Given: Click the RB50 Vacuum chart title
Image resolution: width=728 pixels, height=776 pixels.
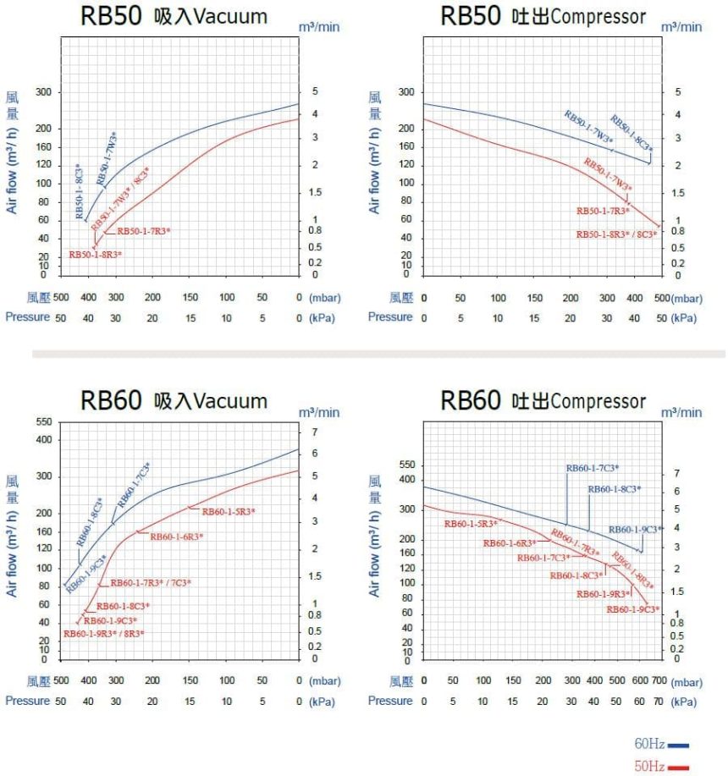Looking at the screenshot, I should coord(174,16).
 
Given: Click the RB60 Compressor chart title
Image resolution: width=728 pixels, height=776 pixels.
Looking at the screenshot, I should coord(543,400).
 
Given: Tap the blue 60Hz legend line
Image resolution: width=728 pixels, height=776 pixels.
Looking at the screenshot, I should coord(678,745).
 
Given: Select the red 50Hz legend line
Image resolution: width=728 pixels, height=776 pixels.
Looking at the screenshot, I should coord(678,768).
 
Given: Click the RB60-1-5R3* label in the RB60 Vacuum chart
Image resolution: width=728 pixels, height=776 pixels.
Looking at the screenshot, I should coord(228,511).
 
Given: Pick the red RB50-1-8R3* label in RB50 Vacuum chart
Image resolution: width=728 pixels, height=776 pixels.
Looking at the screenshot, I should coord(95,254).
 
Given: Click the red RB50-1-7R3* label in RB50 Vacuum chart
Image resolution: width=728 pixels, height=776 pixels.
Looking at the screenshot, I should coord(143,231).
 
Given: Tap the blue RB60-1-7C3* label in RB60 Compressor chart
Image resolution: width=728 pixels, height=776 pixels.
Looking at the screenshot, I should coord(593,468).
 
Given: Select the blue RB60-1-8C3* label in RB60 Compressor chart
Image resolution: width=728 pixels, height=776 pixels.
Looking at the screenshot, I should coord(615,489).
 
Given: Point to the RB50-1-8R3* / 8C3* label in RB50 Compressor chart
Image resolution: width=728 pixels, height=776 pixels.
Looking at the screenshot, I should coord(616,234).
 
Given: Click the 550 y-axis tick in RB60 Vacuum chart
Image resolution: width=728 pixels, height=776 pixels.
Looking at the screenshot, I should coord(44,421).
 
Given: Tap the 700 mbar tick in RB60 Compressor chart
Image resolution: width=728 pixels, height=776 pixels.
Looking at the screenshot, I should coord(660,680).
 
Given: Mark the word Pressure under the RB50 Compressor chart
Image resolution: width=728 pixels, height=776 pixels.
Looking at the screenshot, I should coord(390,316).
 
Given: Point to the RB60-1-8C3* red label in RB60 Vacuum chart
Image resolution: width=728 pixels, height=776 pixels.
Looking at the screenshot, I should coord(123,606).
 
